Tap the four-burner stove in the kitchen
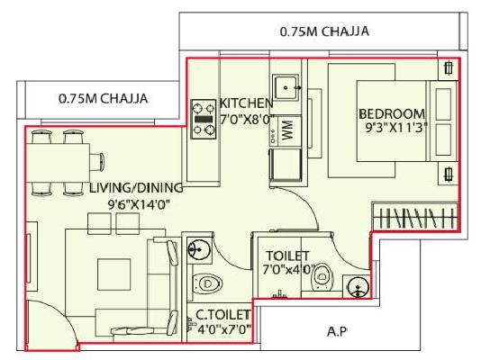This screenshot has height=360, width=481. coord(203,118)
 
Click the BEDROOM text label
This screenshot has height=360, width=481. coord(391,113)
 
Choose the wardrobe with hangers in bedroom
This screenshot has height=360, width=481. coord(415,218)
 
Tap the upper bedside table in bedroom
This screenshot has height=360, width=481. coord(448,69)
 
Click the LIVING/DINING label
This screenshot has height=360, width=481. coord(136,188)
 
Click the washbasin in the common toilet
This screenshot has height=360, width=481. coord(196,247)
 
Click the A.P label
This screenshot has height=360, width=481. coord(335,332)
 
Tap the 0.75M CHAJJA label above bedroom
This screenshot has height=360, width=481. coord(324,31)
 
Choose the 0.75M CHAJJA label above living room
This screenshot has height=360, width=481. coord(103,98)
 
